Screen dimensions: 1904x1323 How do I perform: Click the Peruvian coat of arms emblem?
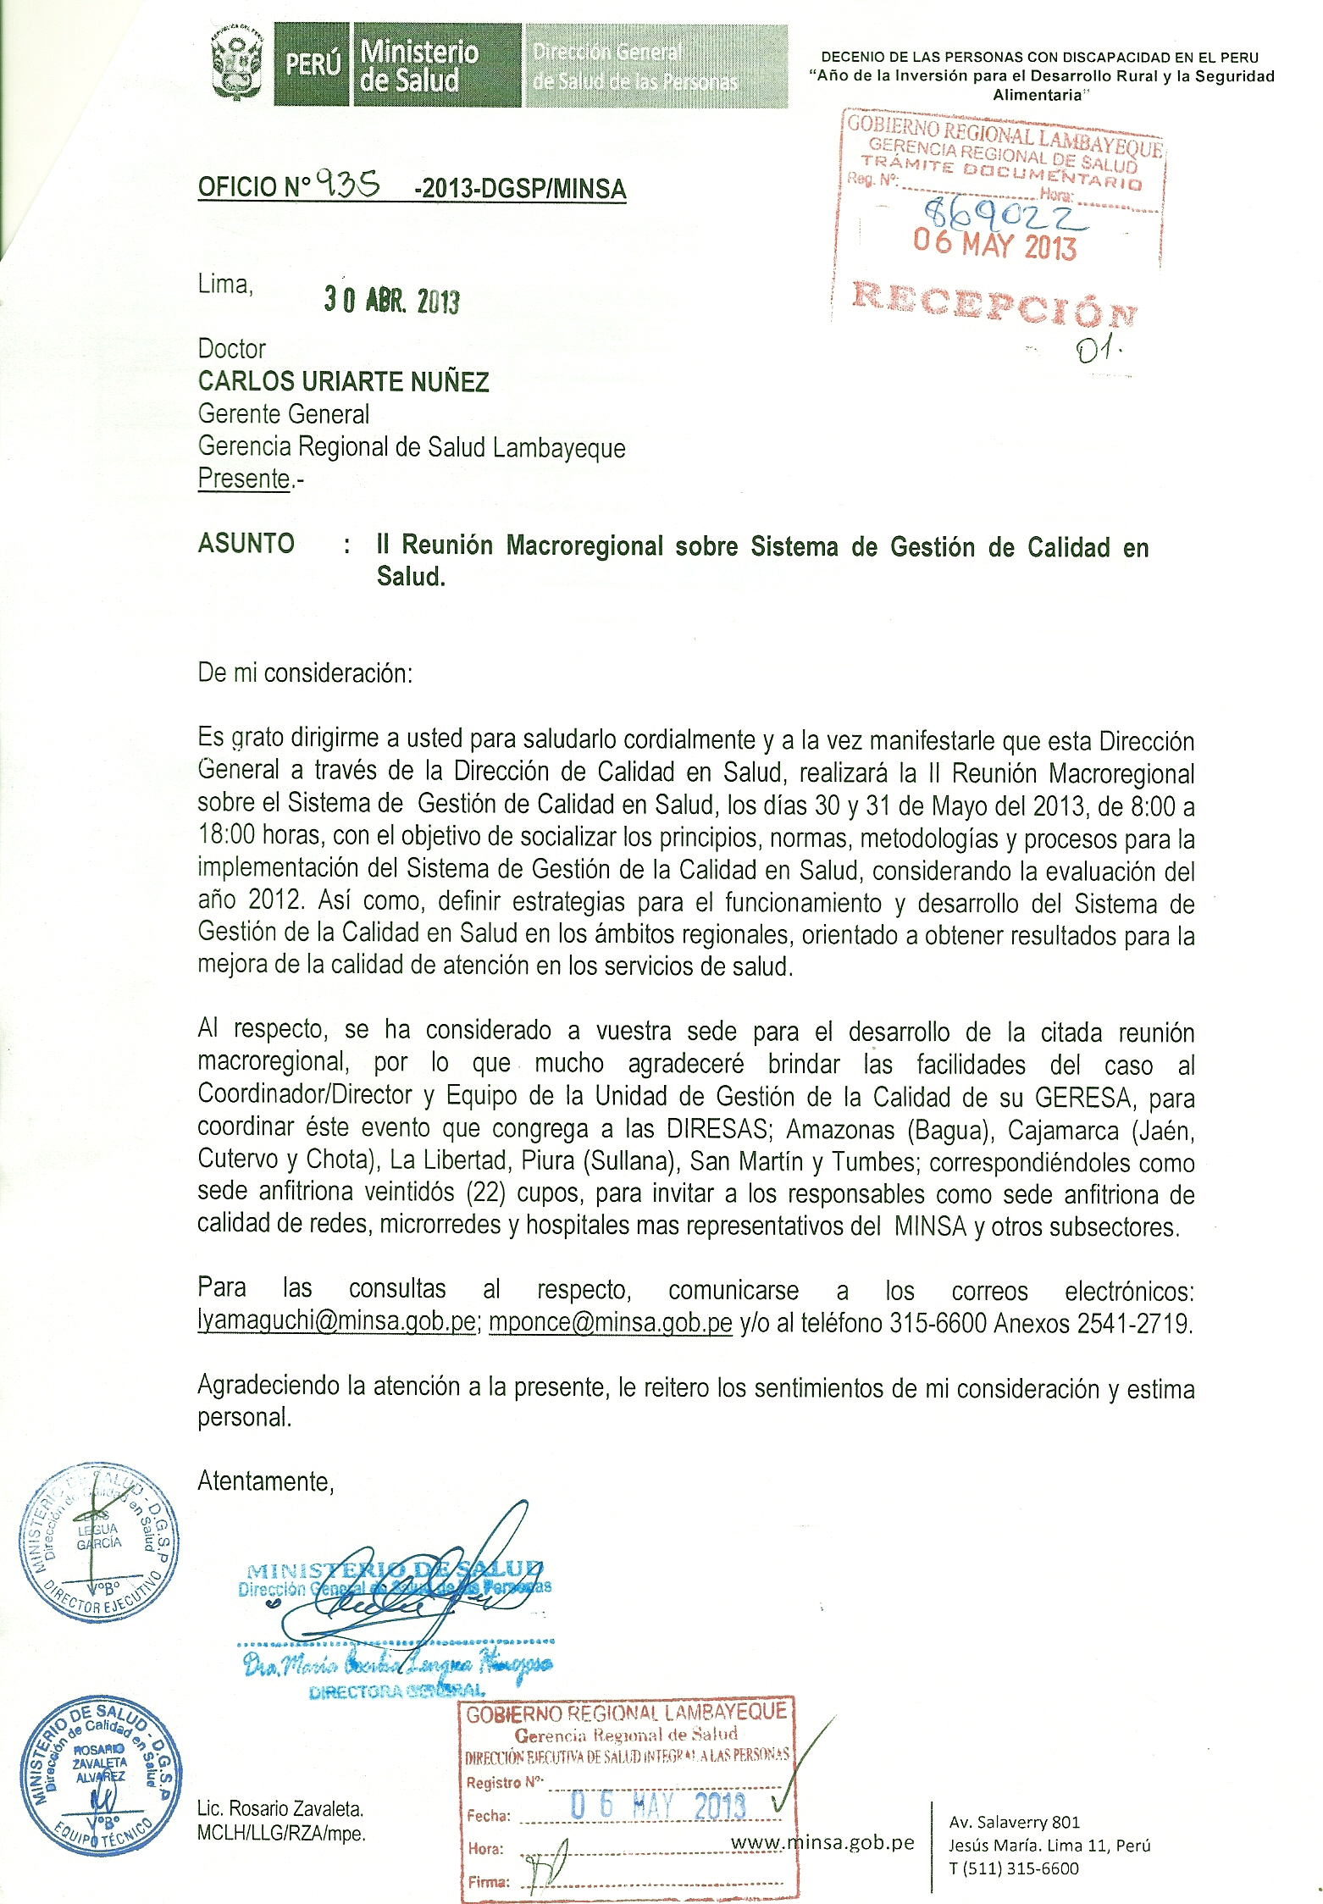(237, 64)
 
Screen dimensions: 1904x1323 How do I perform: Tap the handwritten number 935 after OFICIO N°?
(347, 183)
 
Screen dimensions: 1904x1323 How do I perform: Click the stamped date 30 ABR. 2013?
(391, 300)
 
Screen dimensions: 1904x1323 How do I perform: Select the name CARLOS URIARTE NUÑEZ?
(343, 382)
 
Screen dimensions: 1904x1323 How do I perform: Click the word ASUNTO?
(246, 543)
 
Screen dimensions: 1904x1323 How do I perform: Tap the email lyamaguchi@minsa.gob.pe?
(336, 1322)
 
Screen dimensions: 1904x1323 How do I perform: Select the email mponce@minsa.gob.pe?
(610, 1322)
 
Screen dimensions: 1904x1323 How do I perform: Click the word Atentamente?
(265, 1481)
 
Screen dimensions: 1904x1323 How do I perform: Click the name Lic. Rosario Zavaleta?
(280, 1809)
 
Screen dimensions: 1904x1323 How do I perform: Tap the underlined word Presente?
(244, 479)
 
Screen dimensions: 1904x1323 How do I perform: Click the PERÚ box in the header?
(313, 64)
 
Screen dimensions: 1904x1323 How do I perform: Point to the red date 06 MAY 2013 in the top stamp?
(994, 245)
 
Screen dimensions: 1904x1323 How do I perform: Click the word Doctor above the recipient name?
(231, 349)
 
